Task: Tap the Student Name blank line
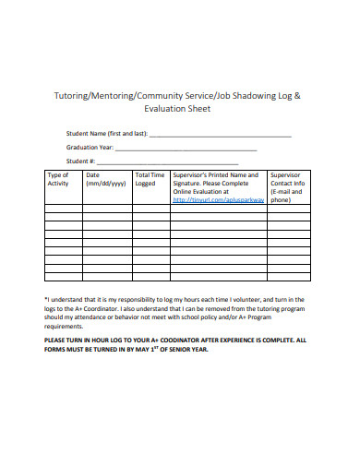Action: [221, 136]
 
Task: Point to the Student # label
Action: [82, 162]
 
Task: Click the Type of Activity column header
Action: [58, 179]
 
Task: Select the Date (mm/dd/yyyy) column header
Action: [104, 179]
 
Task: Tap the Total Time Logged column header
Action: [150, 179]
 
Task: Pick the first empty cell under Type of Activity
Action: [62, 209]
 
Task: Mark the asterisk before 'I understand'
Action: [46, 300]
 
